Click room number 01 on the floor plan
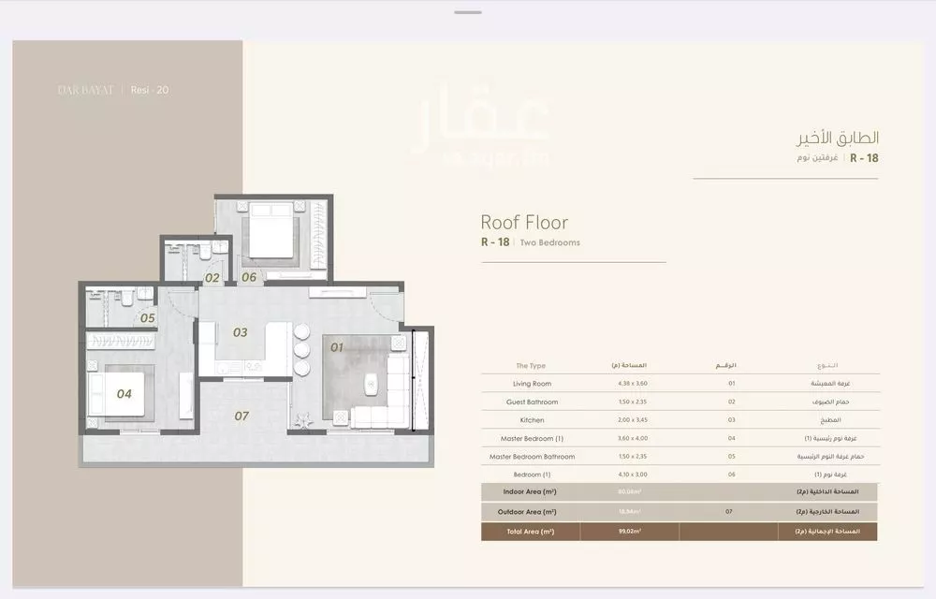coord(337,348)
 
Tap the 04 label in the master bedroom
coord(124,394)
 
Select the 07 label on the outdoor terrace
coord(241,416)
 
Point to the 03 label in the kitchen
coord(241,332)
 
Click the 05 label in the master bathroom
coord(147,318)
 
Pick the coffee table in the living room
coord(372,381)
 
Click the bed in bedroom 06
coord(271,230)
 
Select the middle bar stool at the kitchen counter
coord(301,350)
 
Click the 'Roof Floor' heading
coord(524,223)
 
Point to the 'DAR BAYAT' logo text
coord(85,91)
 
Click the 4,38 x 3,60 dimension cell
coord(629,384)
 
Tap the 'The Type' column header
coord(531,366)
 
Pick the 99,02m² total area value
coord(629,531)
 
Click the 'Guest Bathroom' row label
coord(532,402)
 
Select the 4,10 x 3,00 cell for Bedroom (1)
coord(629,475)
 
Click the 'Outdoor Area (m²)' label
coord(530,512)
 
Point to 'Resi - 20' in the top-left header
coord(150,91)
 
